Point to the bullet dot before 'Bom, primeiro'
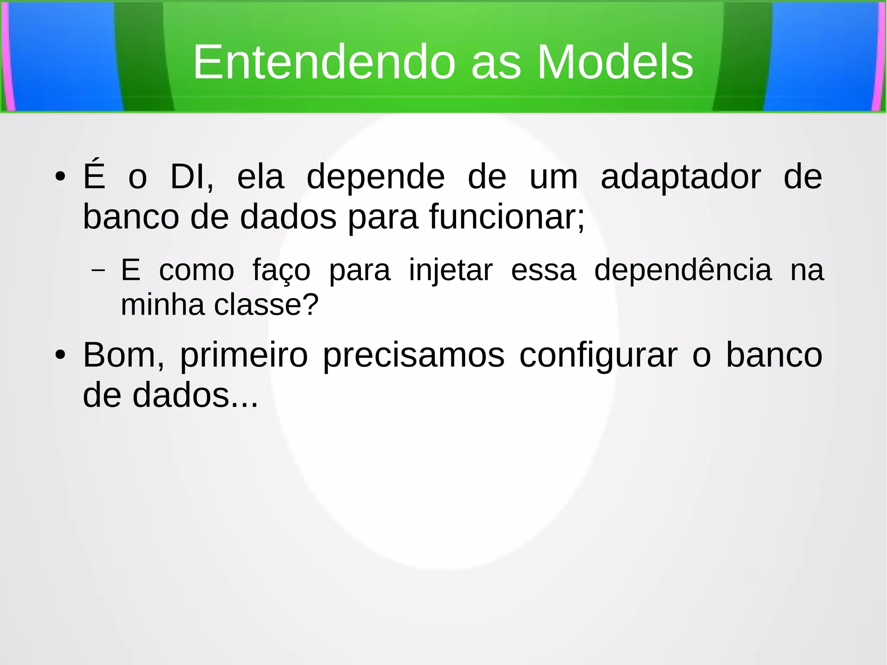[60, 355]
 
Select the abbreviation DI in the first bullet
[191, 177]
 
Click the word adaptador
[680, 177]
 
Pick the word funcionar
[507, 217]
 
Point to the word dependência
[683, 270]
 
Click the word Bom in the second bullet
[123, 355]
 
